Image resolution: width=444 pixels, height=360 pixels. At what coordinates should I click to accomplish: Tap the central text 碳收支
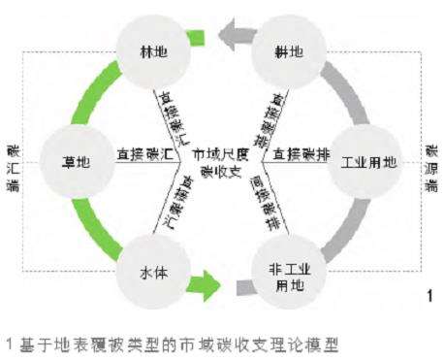[219, 171]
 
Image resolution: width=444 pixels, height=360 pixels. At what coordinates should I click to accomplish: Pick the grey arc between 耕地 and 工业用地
[339, 92]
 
